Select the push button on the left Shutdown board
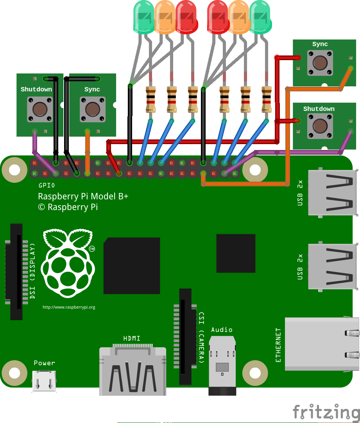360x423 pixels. pos(39,110)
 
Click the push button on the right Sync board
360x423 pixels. pos(320,63)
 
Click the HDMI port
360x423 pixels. pos(133,371)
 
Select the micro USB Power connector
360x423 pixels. pos(44,381)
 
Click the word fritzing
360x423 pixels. pos(326,412)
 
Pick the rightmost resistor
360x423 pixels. pos(267,100)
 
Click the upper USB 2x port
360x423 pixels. pos(333,192)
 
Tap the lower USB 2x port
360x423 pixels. pos(333,267)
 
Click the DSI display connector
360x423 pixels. pos(16,272)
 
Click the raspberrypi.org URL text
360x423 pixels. pos(69,307)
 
